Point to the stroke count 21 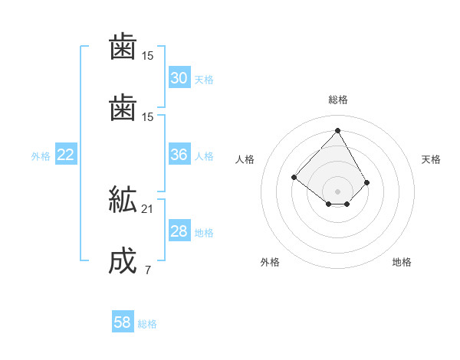click(148, 208)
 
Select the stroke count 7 click(147, 270)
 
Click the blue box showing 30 click(179, 78)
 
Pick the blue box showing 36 click(179, 155)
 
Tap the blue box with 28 click(179, 231)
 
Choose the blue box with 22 click(66, 155)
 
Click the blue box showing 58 click(123, 322)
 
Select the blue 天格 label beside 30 click(204, 80)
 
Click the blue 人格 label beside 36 click(204, 156)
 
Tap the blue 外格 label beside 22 click(41, 156)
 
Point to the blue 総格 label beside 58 click(147, 324)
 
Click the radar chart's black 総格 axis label click(338, 100)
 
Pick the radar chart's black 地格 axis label click(402, 262)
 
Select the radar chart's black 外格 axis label click(270, 262)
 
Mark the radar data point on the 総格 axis click(337, 130)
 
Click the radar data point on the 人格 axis click(294, 177)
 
